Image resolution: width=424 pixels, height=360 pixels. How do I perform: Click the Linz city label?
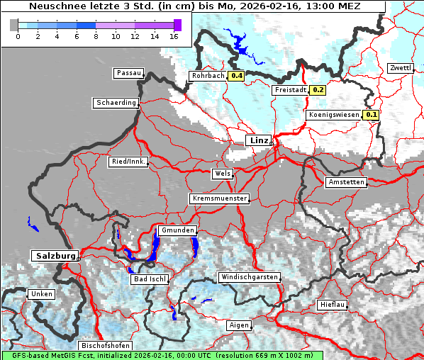click(258, 140)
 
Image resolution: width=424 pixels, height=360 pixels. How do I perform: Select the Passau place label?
click(128, 73)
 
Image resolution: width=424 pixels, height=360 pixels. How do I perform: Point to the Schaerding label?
click(116, 103)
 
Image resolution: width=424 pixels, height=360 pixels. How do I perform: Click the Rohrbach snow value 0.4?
click(236, 76)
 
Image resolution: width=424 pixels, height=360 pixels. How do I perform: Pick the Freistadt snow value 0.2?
click(318, 90)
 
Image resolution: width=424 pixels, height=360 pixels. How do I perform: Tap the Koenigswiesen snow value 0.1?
click(372, 114)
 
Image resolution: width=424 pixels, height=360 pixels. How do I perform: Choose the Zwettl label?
click(400, 68)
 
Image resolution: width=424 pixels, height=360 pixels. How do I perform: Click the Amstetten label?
click(346, 182)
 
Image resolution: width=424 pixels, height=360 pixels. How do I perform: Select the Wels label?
click(221, 174)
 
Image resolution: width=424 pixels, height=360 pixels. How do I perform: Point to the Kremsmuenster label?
click(220, 198)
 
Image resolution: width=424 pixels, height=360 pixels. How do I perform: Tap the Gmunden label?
click(177, 231)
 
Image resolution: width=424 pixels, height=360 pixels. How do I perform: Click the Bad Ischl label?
click(150, 279)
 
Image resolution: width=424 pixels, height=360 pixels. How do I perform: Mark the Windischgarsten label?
click(249, 277)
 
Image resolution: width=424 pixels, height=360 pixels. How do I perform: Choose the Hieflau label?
click(332, 304)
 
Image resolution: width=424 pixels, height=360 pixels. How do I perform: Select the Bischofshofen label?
click(104, 345)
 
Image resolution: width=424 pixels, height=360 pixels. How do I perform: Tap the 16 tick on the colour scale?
click(174, 35)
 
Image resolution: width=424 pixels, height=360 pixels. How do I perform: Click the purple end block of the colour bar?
click(177, 25)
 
